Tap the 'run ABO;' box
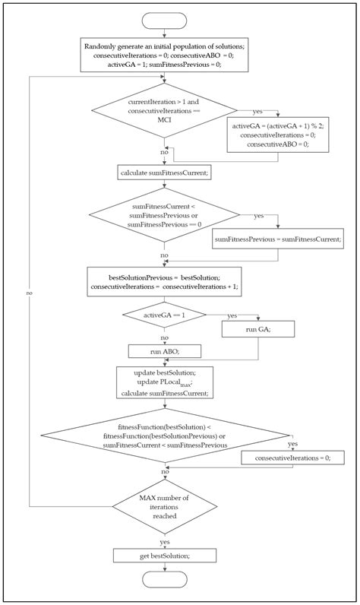pos(164,351)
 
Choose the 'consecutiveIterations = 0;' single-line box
pos(292,458)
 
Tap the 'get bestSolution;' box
pos(164,556)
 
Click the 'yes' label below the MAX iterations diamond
pos(164,541)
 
